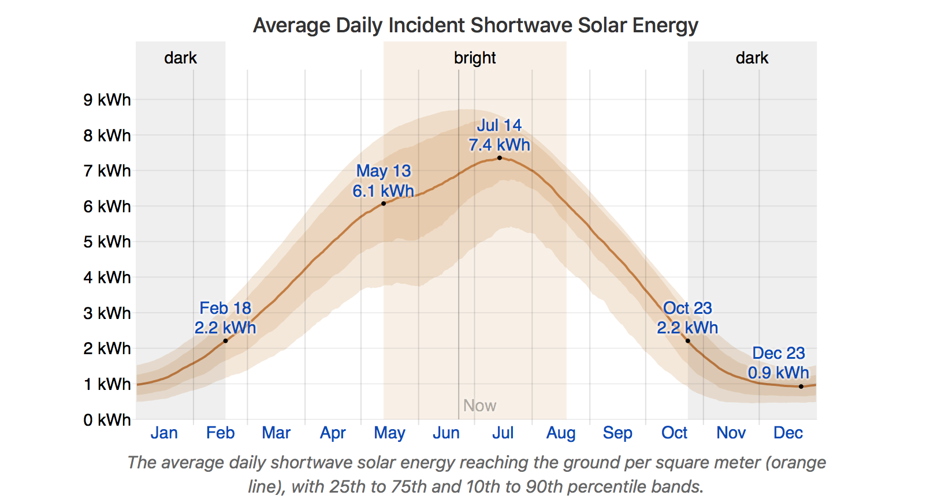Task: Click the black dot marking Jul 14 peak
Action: [x=500, y=158]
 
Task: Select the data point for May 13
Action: [x=384, y=204]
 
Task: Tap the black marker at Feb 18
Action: [x=225, y=341]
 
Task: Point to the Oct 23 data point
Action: [x=687, y=341]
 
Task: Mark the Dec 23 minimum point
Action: [x=801, y=386]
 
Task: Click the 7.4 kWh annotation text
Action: [x=500, y=145]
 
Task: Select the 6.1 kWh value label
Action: [x=384, y=191]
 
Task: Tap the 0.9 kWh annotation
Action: [x=779, y=373]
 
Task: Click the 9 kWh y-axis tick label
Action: [x=107, y=100]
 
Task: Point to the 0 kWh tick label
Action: [x=107, y=420]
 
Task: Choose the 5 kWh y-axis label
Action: [x=107, y=242]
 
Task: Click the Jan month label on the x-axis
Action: [x=164, y=433]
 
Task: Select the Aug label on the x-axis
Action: [x=561, y=433]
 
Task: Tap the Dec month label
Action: [x=788, y=433]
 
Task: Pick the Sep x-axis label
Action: [x=617, y=433]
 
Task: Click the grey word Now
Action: [x=479, y=406]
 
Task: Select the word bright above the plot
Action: [x=475, y=58]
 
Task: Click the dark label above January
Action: [x=181, y=58]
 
